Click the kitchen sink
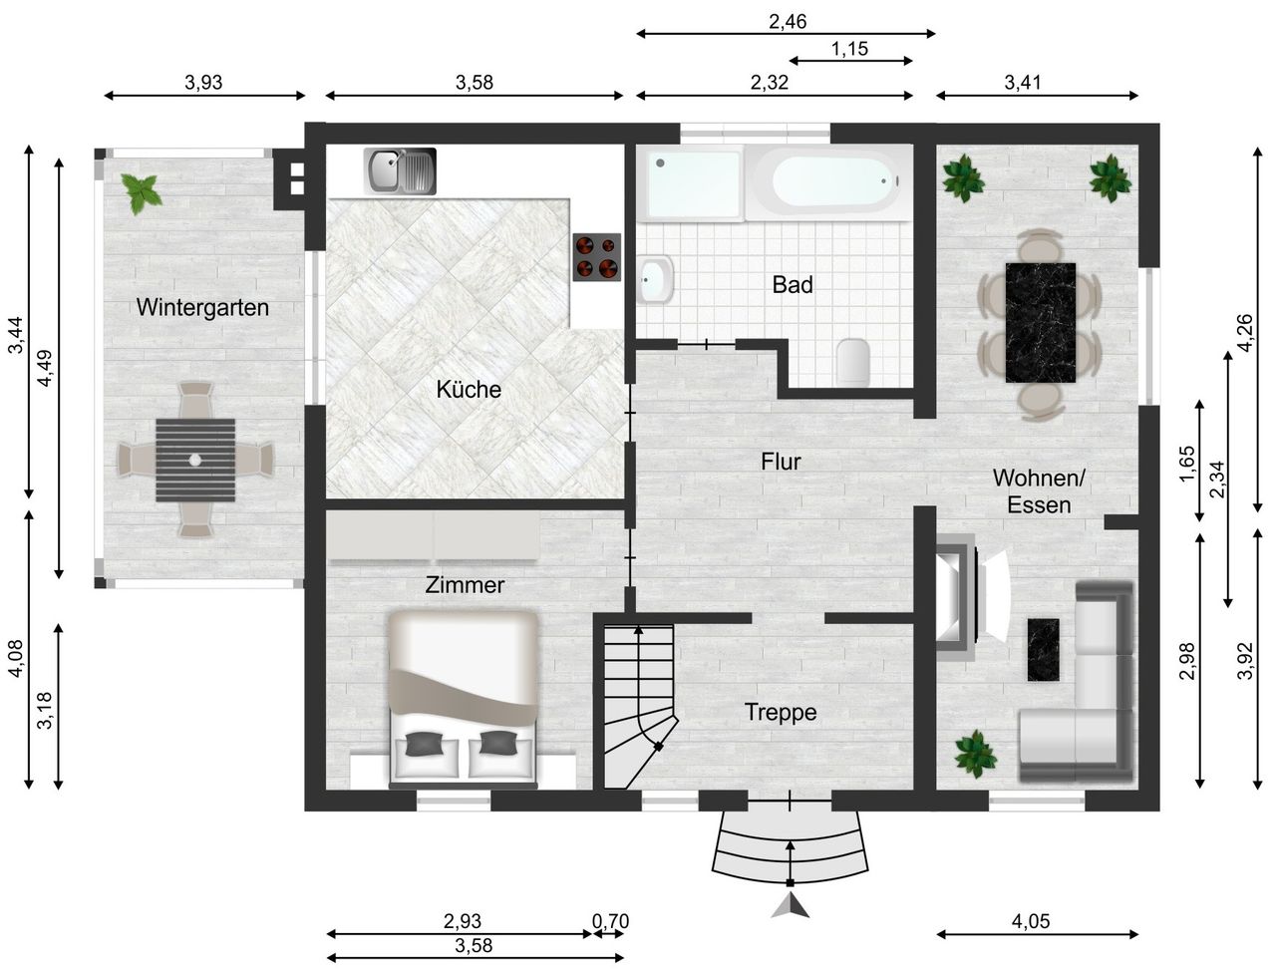coord(400,170)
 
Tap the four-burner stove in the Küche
coord(596,257)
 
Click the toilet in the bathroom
coord(853,361)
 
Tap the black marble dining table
coord(1041,323)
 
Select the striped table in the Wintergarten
coord(195,460)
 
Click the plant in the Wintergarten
coord(141,192)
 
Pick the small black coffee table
coord(1043,650)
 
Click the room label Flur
coord(781,462)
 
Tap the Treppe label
coord(781,712)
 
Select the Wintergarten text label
coord(202,307)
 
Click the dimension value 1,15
coord(849,49)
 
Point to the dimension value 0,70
coord(610,921)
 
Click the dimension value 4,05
coord(1031,921)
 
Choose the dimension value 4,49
coord(45,368)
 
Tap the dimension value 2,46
coord(788,22)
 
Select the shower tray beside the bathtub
coord(691,183)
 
